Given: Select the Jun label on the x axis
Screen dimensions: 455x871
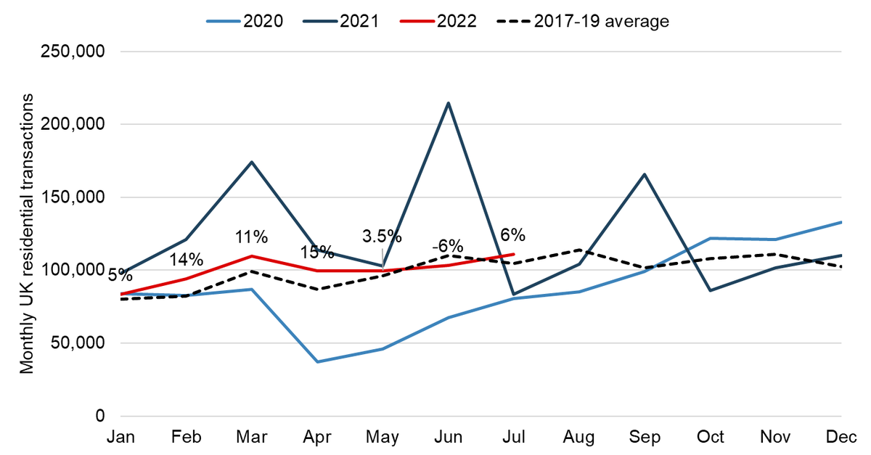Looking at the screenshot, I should pyautogui.click(x=448, y=438).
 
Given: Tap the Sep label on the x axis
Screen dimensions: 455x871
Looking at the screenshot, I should pyautogui.click(x=645, y=438).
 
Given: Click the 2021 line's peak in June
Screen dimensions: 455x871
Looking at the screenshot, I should pyautogui.click(x=448, y=103).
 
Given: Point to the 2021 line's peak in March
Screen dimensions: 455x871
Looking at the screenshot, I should pyautogui.click(x=251, y=162).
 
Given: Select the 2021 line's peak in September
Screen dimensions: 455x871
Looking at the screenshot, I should pyautogui.click(x=645, y=174).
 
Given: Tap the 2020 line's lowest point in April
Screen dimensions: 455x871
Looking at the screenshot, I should pyautogui.click(x=317, y=361).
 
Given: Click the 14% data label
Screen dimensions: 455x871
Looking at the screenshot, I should pyautogui.click(x=186, y=260).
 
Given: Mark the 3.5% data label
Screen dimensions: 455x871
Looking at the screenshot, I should pyautogui.click(x=382, y=236).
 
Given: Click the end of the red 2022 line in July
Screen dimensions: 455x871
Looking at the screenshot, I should pyautogui.click(x=514, y=254).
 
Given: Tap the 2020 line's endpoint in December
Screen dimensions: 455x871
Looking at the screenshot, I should pyautogui.click(x=841, y=222).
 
